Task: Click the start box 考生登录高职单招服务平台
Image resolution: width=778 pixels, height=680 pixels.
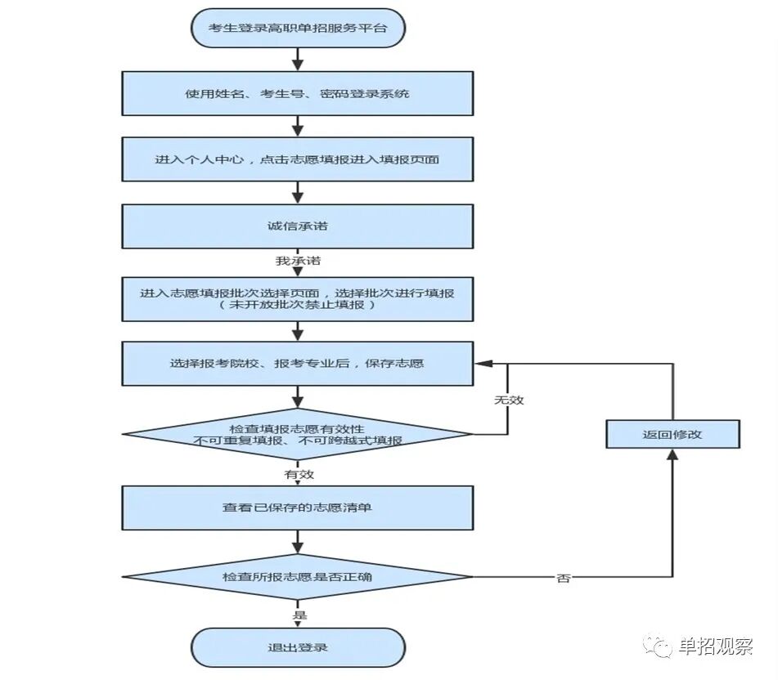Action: click(x=298, y=29)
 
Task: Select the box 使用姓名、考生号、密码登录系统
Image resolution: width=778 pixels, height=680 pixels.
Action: click(x=298, y=93)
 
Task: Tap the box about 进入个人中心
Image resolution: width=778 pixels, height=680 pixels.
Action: click(x=298, y=159)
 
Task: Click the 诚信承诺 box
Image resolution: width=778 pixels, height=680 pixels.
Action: click(x=298, y=226)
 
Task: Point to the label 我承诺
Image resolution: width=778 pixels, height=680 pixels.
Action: click(x=298, y=262)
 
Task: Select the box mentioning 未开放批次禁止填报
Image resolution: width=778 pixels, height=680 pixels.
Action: click(x=298, y=298)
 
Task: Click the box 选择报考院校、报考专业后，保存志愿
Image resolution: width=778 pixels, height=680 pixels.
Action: click(x=298, y=363)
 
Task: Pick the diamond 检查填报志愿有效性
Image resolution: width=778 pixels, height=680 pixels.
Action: click(x=298, y=433)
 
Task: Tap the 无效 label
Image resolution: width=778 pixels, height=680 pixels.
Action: click(x=508, y=400)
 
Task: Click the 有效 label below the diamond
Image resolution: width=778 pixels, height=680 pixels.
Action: click(x=299, y=474)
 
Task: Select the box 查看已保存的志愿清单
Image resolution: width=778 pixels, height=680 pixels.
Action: click(x=298, y=508)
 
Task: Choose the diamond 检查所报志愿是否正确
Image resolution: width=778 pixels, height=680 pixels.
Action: click(x=298, y=577)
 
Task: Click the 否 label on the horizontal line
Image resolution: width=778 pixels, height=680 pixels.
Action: click(x=564, y=578)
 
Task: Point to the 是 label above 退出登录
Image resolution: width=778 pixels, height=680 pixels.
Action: click(x=299, y=614)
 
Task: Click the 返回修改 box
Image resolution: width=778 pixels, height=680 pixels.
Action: click(x=672, y=434)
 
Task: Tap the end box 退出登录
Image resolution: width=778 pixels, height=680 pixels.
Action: click(x=298, y=647)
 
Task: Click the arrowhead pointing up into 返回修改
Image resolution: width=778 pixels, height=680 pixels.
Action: click(x=672, y=454)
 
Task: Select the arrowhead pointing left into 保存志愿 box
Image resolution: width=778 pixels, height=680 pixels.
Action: click(x=482, y=363)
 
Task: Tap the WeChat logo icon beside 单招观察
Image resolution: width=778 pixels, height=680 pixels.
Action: click(x=658, y=646)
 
